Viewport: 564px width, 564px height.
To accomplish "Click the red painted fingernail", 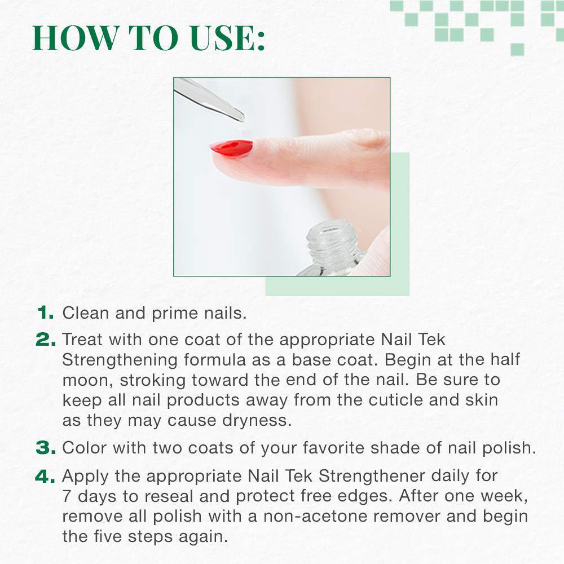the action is (231, 148).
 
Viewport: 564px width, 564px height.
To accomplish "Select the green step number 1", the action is (46, 312).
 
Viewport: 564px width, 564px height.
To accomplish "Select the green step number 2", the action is (46, 340).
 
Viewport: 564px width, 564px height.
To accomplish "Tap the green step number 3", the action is (46, 448).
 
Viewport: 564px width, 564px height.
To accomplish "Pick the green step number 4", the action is (45, 476).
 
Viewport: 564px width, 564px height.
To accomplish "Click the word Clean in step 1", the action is (85, 313).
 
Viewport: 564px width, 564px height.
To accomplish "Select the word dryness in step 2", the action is (257, 421).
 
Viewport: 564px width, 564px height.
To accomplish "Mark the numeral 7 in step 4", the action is (67, 496).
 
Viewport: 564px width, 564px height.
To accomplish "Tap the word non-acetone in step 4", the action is (315, 517).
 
